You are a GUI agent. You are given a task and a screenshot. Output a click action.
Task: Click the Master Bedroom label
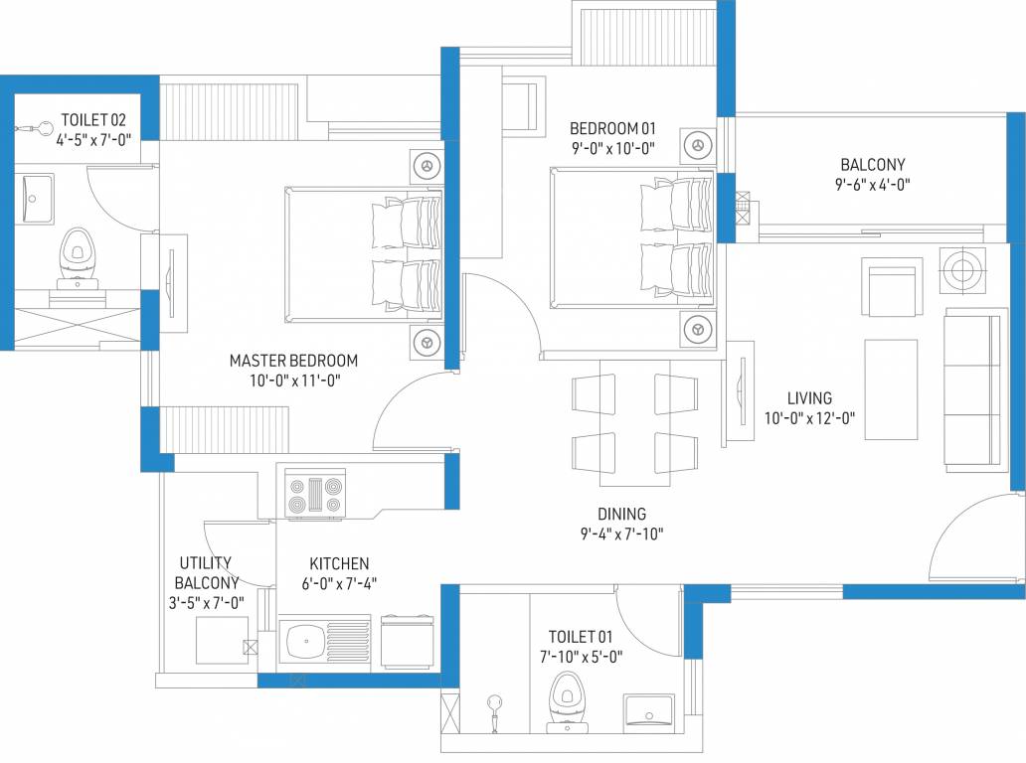293,361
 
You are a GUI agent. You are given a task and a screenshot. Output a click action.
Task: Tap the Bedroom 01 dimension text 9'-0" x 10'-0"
612,148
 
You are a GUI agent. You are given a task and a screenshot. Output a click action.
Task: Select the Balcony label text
872,165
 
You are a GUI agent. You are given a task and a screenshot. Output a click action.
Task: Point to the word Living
809,398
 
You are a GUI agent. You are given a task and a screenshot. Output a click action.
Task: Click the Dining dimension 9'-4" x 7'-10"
621,534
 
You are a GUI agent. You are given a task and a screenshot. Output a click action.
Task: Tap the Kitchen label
338,563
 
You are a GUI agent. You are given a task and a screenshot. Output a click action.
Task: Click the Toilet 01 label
580,636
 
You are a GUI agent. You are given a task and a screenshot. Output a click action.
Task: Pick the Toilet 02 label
94,121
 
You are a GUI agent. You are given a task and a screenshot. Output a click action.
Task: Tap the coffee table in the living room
891,389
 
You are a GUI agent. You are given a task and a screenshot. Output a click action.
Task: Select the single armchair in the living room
891,287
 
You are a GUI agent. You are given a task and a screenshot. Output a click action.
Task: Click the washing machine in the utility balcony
222,640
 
